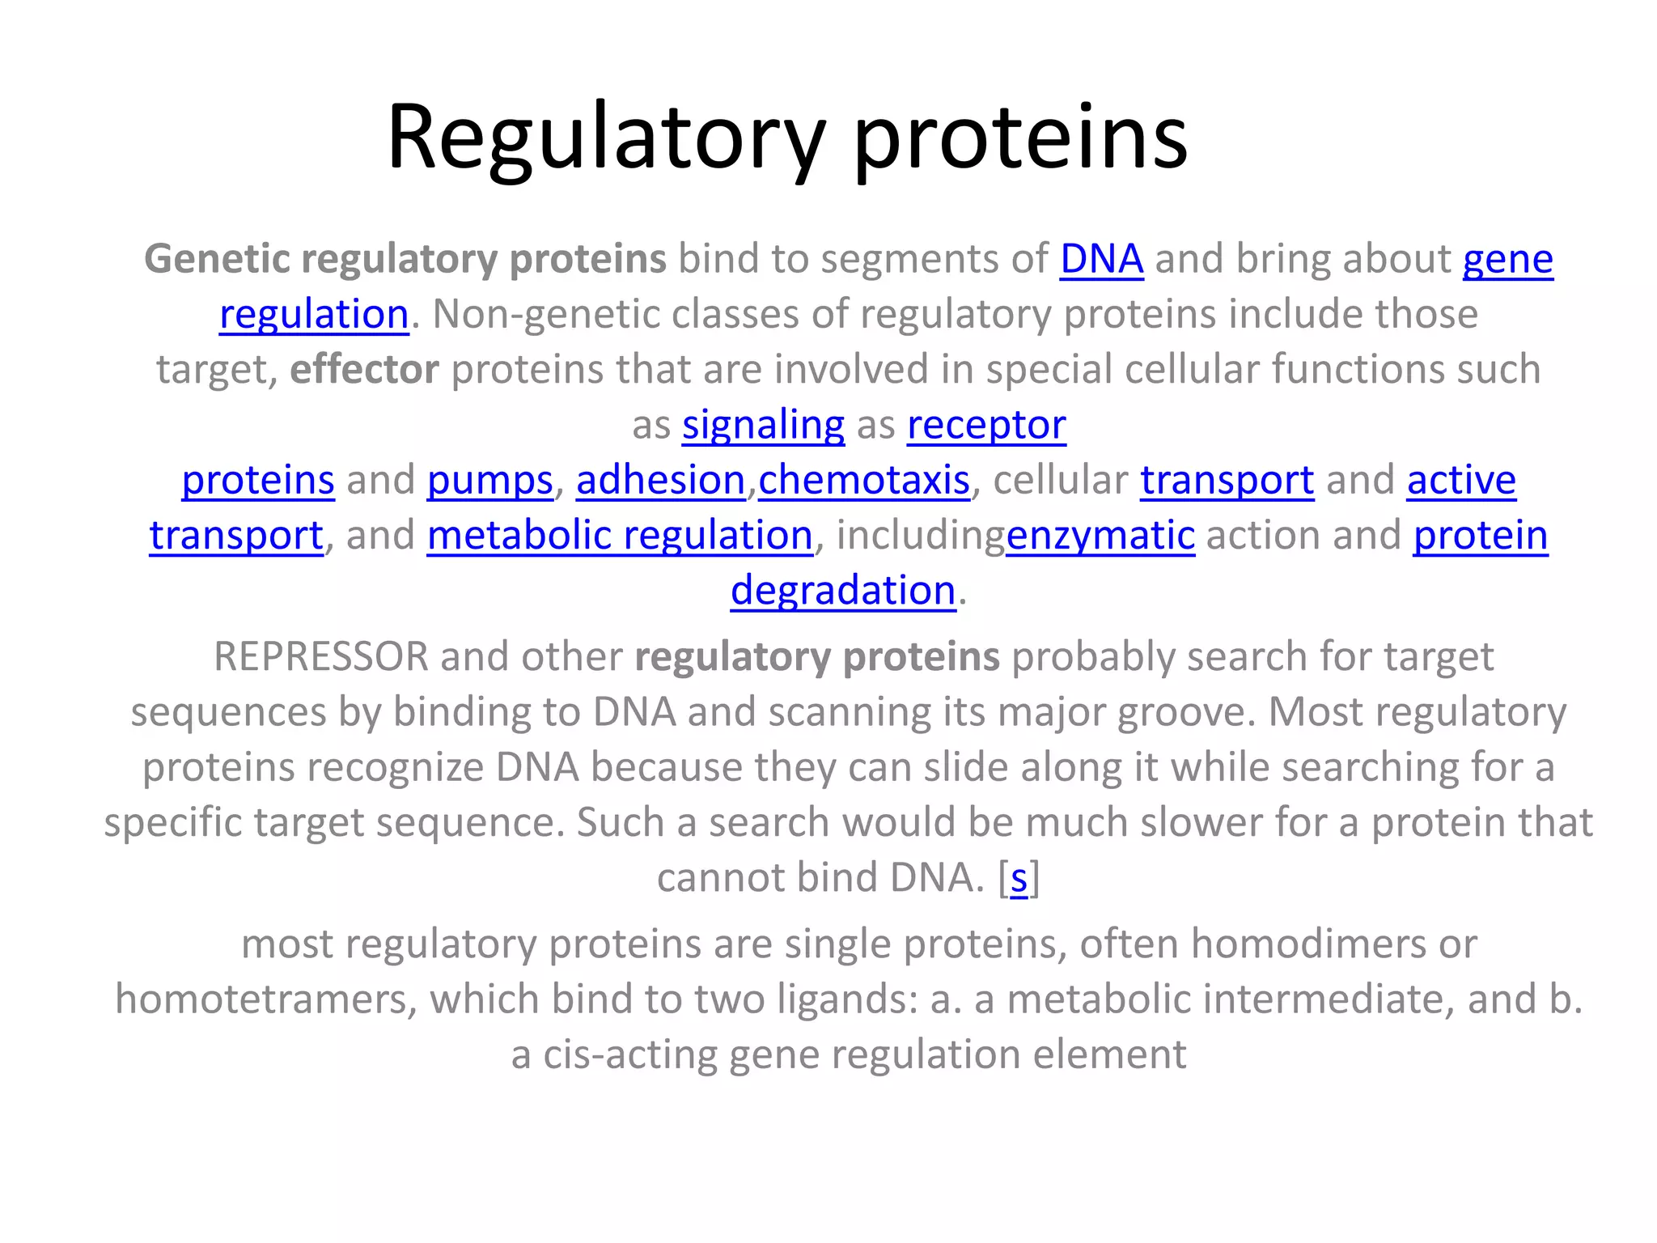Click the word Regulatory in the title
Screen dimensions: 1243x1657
[605, 138]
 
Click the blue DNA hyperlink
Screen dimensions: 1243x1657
[1101, 260]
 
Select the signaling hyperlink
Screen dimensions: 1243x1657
[763, 425]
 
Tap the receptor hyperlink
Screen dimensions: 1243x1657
[985, 425]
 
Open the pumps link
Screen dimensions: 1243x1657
[489, 480]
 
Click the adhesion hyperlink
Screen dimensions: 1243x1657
[660, 480]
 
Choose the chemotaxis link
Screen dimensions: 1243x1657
[863, 480]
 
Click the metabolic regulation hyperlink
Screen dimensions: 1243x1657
[619, 535]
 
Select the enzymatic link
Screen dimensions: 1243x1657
[1100, 535]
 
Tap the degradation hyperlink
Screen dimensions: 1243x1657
[843, 590]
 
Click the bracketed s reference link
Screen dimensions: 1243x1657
[1019, 877]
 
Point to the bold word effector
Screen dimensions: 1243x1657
[364, 369]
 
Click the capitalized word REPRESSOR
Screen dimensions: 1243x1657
[320, 656]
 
